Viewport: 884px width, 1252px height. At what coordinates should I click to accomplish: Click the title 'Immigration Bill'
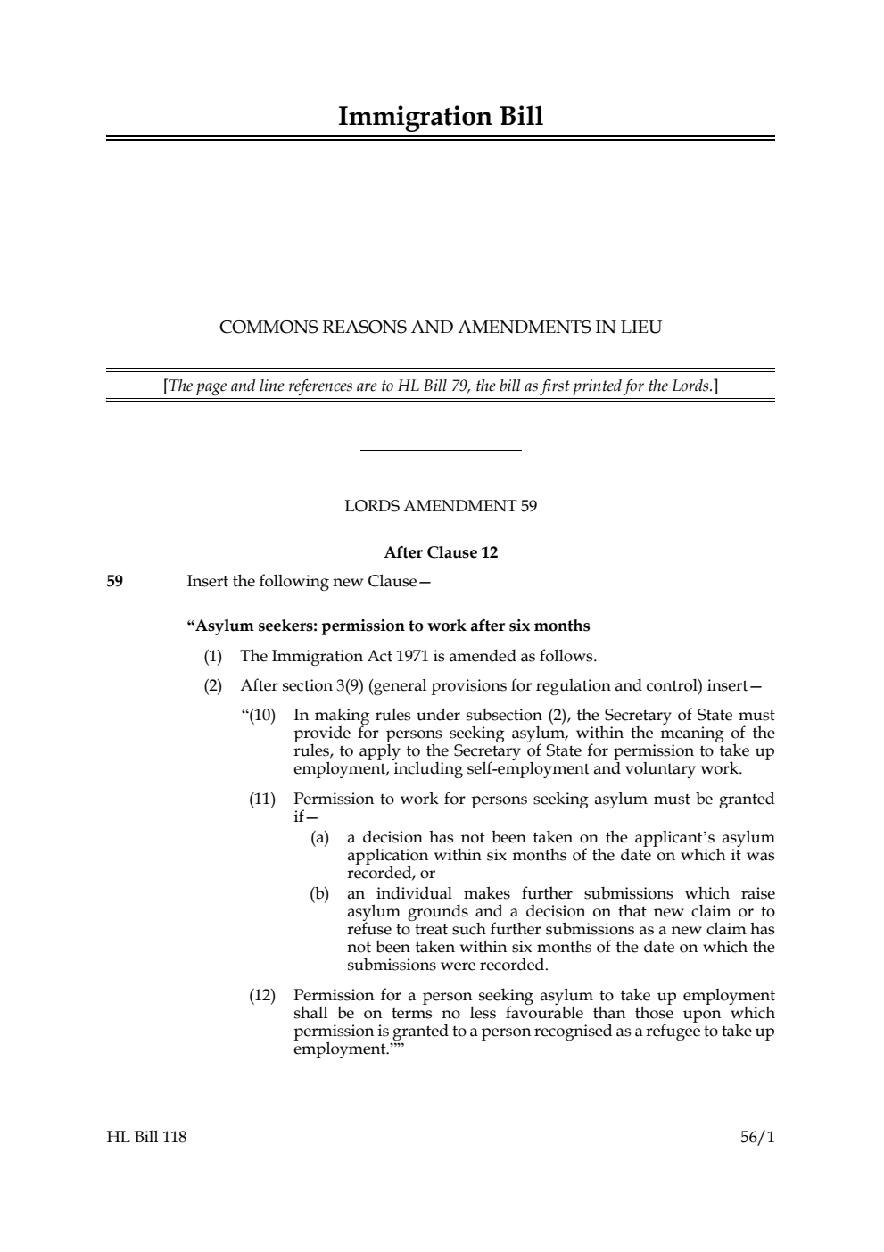[441, 117]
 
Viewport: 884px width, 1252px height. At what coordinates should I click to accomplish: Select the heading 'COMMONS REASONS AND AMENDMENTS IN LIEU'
[441, 328]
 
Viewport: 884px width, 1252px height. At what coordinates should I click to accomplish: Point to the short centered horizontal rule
[441, 451]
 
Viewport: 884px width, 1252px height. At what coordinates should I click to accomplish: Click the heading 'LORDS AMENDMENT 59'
[441, 507]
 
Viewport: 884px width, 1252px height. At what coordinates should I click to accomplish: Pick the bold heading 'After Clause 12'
[441, 552]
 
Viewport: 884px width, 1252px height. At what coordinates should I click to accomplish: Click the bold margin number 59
[115, 582]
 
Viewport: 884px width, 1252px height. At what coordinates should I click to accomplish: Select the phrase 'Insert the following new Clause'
[302, 582]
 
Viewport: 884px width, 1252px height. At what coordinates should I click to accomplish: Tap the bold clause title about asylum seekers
[388, 626]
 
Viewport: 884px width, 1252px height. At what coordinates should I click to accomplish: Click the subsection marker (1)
[212, 657]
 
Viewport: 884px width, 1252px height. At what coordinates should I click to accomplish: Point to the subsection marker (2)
[212, 686]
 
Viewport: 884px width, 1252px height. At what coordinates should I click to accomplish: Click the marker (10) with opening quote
[260, 716]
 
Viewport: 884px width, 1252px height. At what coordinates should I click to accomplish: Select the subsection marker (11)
[262, 800]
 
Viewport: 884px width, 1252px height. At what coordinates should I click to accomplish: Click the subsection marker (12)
[262, 996]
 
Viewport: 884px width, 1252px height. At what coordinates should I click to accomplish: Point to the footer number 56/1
[757, 1137]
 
